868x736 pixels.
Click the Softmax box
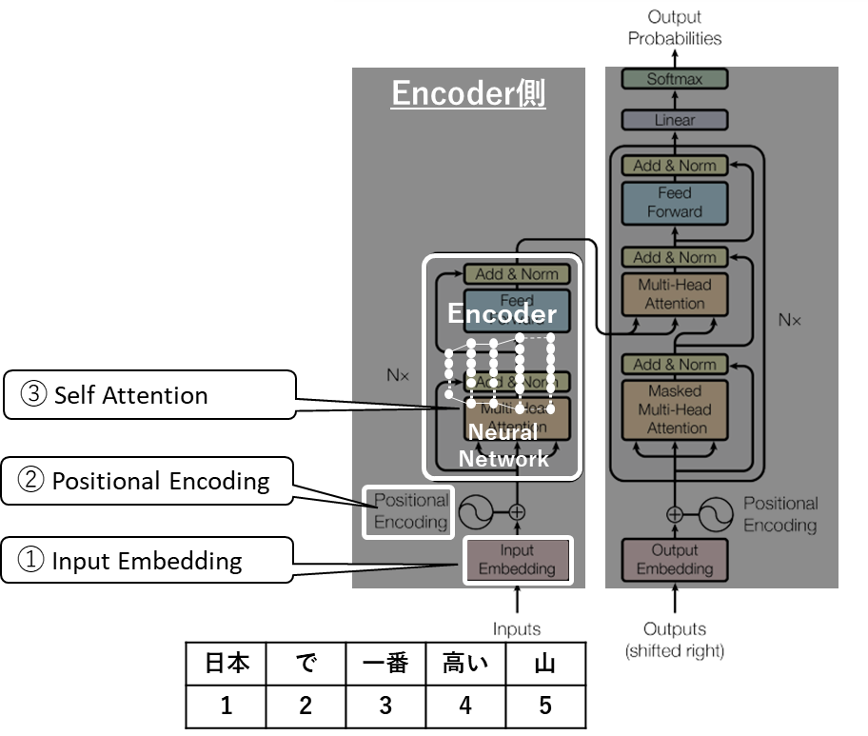675,79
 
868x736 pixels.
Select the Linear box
675,120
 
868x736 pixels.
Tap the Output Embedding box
675,560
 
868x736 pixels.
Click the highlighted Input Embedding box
517,560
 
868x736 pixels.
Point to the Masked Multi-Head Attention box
675,409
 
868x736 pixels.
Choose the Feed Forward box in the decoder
675,203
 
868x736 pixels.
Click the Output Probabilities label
675,28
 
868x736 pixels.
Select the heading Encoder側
468,93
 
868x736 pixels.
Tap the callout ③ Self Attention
148,395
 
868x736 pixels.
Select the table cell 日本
227,664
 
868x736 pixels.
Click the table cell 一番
385,664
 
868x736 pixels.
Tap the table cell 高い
464,664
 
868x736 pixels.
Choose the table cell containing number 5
543,706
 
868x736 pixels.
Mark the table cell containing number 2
306,706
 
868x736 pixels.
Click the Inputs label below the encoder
517,628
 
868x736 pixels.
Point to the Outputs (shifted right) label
675,640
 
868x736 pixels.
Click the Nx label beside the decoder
790,320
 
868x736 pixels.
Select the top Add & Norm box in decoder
675,166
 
